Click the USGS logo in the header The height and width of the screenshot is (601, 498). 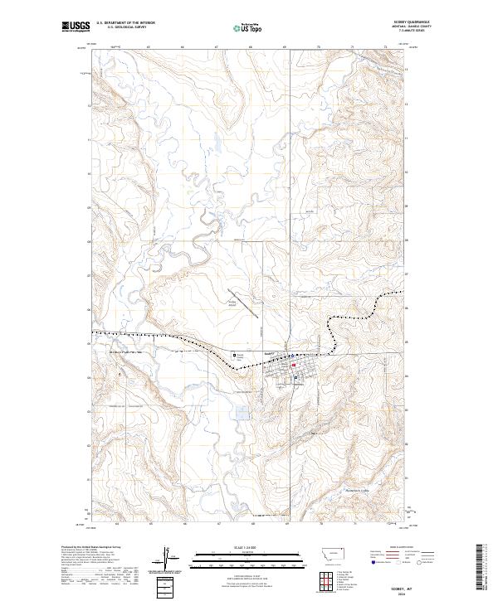76,27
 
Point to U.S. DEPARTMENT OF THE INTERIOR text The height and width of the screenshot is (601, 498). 124,23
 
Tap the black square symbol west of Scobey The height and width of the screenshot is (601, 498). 234,355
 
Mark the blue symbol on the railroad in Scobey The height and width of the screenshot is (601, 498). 290,354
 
